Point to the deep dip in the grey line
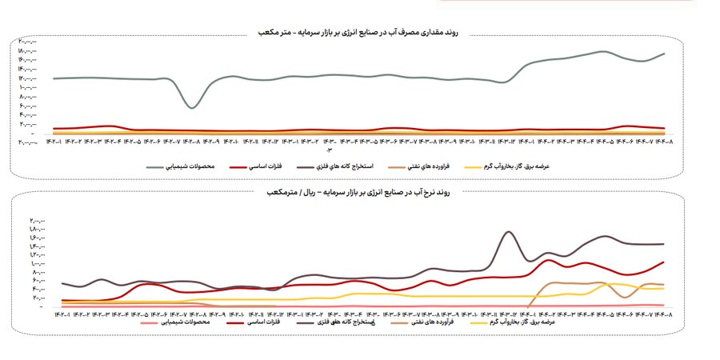[191, 106]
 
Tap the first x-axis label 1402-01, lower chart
[62, 314]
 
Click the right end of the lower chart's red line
[664, 262]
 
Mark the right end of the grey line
[664, 54]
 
